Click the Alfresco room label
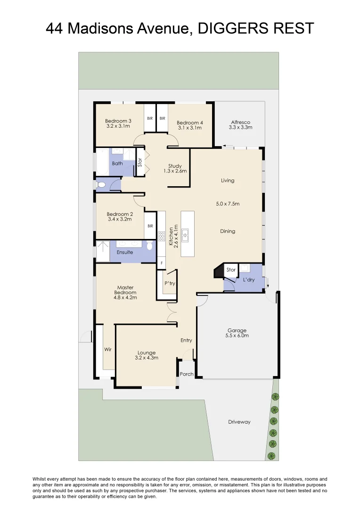[240, 122]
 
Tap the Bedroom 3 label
[118, 121]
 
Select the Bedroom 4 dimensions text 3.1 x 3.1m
[190, 128]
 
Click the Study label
[175, 166]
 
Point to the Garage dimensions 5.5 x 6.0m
[237, 336]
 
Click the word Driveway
[239, 422]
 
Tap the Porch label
[187, 374]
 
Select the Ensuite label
[125, 252]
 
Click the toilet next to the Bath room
[100, 185]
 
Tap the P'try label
[170, 283]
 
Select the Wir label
[107, 349]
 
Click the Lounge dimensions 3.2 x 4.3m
[147, 358]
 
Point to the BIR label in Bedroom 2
[150, 226]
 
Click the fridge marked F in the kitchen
[162, 262]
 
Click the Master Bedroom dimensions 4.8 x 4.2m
[125, 297]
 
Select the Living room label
[228, 181]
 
